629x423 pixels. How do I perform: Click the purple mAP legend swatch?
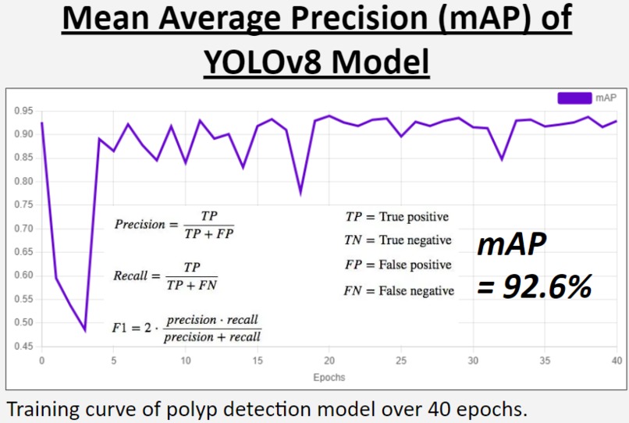574,98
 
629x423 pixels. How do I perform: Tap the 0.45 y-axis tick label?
23,347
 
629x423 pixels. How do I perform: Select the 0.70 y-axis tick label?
23,229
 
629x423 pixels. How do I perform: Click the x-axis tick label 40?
617,361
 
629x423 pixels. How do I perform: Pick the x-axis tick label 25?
401,361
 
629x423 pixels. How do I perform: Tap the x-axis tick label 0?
41,361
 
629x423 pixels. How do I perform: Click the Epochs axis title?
329,377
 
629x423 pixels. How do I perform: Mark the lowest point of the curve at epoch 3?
85,331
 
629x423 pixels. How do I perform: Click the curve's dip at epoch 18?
300,192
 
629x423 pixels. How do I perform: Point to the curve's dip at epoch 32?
502,159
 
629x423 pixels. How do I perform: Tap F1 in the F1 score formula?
123,329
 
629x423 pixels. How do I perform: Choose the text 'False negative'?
417,291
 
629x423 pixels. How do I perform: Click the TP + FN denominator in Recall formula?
192,286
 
